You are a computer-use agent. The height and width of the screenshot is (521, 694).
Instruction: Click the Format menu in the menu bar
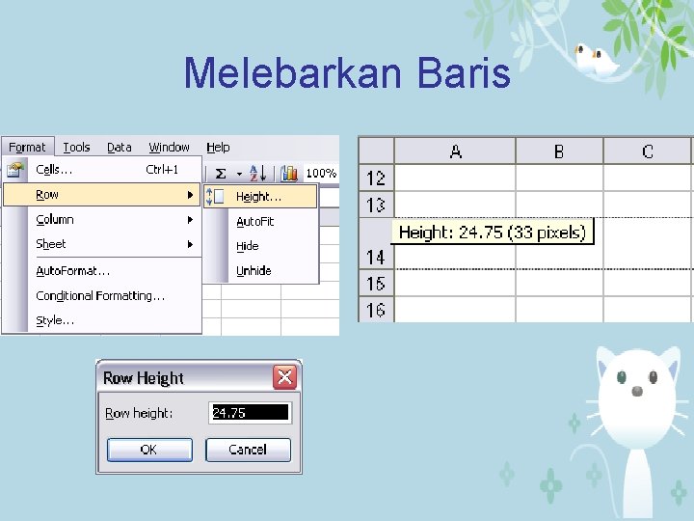point(27,148)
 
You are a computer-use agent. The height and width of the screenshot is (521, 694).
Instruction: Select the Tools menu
point(76,148)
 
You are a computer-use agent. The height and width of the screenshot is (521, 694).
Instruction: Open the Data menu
point(120,148)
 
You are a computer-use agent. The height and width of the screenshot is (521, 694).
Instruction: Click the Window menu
point(169,148)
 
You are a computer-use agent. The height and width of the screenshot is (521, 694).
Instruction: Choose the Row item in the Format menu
point(47,195)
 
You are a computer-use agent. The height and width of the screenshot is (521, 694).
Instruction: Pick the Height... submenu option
point(258,197)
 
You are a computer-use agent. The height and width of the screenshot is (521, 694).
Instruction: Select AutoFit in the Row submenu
point(255,222)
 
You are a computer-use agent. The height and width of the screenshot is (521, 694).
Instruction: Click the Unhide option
point(254,271)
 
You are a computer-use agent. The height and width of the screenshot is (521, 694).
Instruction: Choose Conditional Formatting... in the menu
point(100,295)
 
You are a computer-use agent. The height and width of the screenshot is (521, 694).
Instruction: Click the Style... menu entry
point(55,320)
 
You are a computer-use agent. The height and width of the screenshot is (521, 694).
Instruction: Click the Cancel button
point(248,450)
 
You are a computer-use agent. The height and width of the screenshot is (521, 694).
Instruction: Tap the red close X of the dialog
point(284,377)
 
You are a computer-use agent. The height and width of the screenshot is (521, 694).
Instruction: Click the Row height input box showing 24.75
point(250,413)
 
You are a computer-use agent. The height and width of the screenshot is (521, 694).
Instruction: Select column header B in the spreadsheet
point(559,151)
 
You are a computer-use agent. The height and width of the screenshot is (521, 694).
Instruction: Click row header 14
point(376,258)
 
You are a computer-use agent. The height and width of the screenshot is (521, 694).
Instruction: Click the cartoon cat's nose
point(636,391)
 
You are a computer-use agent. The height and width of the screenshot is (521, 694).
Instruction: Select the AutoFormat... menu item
point(73,271)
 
